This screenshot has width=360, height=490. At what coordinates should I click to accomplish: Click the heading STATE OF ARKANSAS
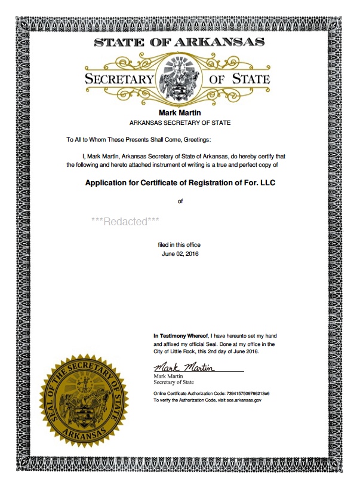click(x=180, y=42)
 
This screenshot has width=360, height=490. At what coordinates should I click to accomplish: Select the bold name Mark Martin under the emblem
click(x=180, y=112)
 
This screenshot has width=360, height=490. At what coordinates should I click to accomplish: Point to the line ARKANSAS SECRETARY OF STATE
click(x=180, y=122)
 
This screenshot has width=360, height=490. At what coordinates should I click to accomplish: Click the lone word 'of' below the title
click(x=180, y=201)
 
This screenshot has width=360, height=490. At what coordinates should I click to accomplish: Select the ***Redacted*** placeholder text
click(x=125, y=221)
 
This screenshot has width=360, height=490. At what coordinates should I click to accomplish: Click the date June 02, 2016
click(x=180, y=254)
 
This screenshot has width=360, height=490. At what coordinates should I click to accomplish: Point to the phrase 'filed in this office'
click(x=179, y=245)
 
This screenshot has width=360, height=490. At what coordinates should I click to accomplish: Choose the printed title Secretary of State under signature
click(x=173, y=382)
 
